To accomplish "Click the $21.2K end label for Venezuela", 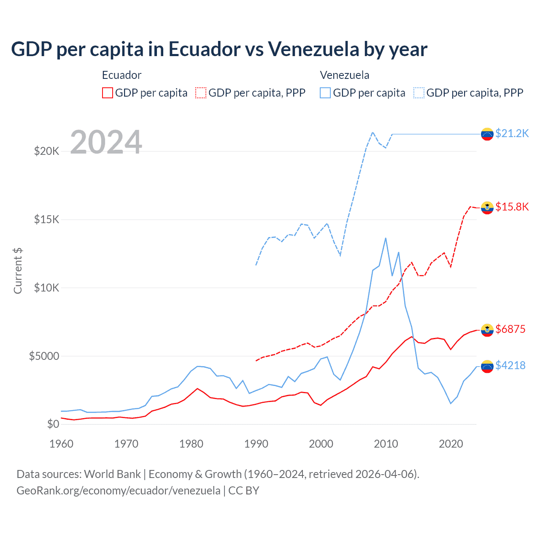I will click(512, 133).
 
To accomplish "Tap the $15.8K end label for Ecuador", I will click(512, 207).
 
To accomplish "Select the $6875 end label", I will click(510, 329).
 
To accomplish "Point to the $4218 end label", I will click(510, 365).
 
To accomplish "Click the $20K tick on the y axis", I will click(46, 151).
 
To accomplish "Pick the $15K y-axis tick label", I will click(46, 219).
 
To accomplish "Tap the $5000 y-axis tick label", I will click(44, 356).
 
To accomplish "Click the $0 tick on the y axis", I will click(53, 424).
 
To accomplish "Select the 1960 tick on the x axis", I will click(62, 444).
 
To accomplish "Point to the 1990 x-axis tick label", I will click(256, 444).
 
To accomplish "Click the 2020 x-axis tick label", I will click(451, 444).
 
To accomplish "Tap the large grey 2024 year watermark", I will click(106, 142).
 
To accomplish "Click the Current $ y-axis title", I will click(18, 271).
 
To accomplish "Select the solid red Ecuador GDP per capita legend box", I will click(108, 93).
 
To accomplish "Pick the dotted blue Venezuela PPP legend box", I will click(419, 93).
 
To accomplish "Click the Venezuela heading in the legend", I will click(344, 75).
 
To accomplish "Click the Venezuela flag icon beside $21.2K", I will click(487, 134).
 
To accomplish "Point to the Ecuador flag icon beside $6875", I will click(487, 330).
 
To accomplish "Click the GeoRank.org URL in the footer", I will click(118, 491).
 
